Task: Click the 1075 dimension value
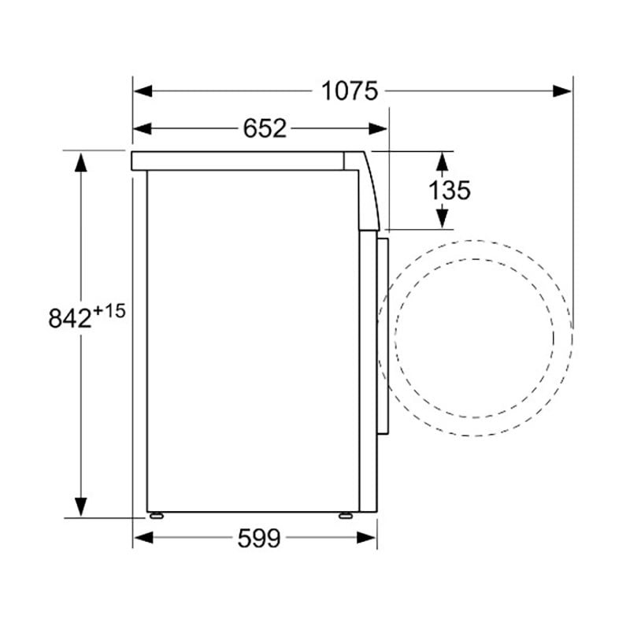[x=350, y=91]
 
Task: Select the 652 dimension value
[x=265, y=128]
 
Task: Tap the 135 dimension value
[x=450, y=190]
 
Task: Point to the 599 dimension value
[x=259, y=539]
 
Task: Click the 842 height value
[x=70, y=318]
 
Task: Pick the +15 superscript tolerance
[x=109, y=311]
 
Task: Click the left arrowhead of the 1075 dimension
[x=143, y=91]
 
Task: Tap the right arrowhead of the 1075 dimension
[x=561, y=91]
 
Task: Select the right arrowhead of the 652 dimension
[x=378, y=128]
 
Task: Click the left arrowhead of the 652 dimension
[x=143, y=128]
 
